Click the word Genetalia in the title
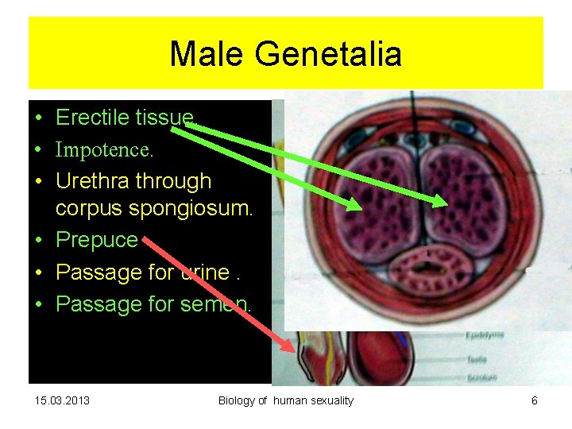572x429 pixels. pos(328,54)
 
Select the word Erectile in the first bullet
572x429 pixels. pos(91,118)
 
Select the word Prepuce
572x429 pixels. pos(96,240)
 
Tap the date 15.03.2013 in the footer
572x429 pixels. pos(62,400)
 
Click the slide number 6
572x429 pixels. pos(534,400)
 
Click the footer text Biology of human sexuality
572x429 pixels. pos(286,400)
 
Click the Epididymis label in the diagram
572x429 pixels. pos(484,336)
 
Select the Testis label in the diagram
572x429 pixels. pos(477,360)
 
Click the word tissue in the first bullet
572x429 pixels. pos(164,118)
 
